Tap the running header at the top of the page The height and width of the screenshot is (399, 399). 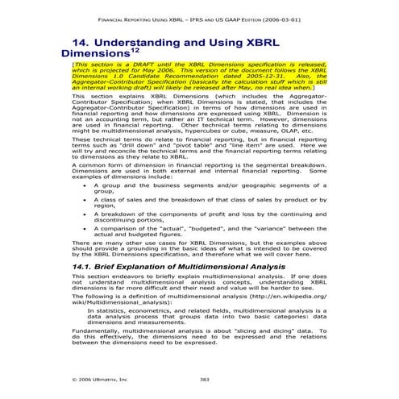click(199, 16)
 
